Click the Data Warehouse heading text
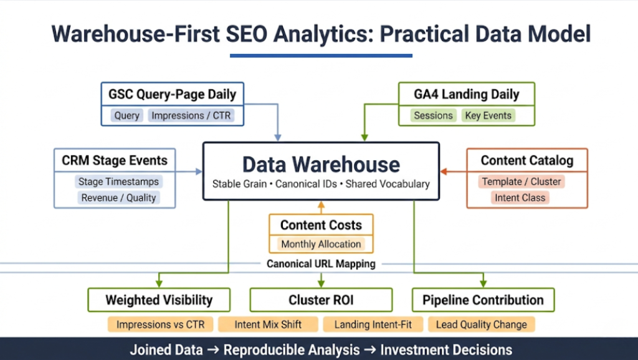321,164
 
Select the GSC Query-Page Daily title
172,95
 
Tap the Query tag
127,115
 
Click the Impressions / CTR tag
191,115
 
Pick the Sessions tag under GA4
433,115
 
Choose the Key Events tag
488,115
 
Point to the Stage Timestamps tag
118,182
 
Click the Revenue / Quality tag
118,197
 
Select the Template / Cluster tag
521,182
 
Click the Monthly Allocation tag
321,244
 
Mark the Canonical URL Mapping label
321,263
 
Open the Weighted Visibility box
159,300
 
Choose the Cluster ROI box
321,300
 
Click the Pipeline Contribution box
483,300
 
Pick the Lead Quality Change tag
481,324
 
